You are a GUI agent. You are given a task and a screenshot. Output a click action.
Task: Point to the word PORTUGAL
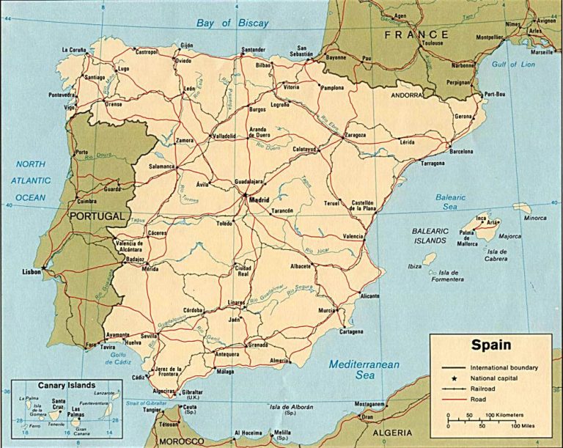click(95, 216)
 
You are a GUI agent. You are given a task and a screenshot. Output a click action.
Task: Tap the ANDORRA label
click(407, 95)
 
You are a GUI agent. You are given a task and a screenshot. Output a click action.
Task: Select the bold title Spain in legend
click(491, 345)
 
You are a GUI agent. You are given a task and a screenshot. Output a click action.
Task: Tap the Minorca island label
click(535, 218)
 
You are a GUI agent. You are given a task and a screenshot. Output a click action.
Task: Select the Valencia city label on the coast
click(353, 236)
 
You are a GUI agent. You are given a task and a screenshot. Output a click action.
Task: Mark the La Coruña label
click(75, 50)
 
